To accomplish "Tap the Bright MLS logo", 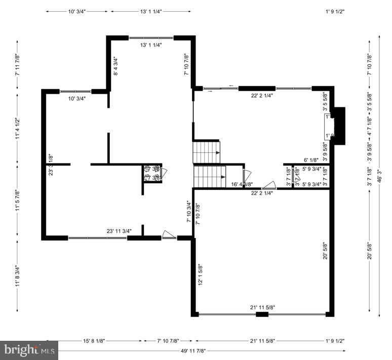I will pyautogui.click(x=29, y=350).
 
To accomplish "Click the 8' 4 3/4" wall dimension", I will pyautogui.click(x=115, y=66).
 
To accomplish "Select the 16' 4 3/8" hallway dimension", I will pyautogui.click(x=242, y=184).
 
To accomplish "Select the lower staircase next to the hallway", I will pyautogui.click(x=209, y=176).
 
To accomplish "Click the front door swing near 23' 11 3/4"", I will pyautogui.click(x=169, y=235).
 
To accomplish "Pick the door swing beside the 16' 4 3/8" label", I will pyautogui.click(x=248, y=175).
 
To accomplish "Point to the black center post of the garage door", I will pyautogui.click(x=262, y=314).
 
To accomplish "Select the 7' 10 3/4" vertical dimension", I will pyautogui.click(x=188, y=212).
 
